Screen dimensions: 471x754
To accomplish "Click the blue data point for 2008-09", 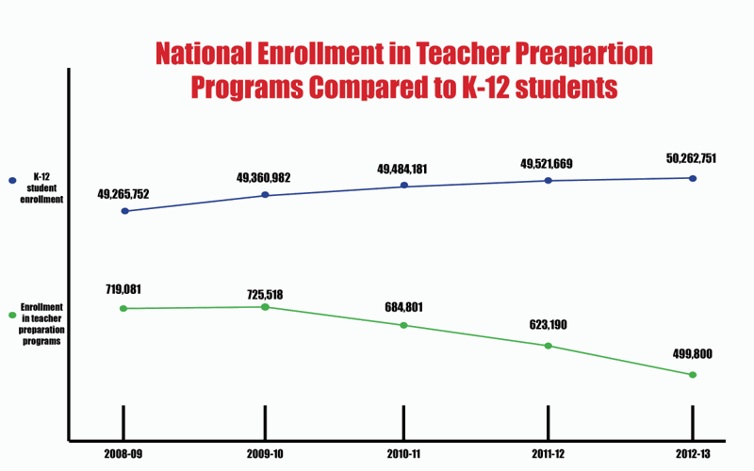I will click(124, 211).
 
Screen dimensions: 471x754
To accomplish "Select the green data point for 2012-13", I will click(693, 375).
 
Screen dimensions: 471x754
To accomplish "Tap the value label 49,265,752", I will click(123, 194).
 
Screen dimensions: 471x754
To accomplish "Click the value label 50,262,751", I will click(692, 159).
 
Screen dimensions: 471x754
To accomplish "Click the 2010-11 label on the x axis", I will click(403, 454).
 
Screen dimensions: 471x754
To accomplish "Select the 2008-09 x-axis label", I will click(123, 454).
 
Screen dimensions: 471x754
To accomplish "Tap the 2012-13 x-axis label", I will click(693, 454).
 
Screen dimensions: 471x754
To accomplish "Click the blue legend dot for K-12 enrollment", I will click(11, 180).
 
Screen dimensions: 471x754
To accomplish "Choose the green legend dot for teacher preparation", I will click(11, 315).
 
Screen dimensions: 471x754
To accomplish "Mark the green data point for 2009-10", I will click(265, 306).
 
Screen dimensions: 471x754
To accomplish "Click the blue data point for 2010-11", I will click(404, 186).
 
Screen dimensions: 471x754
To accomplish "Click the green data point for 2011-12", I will click(549, 346).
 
